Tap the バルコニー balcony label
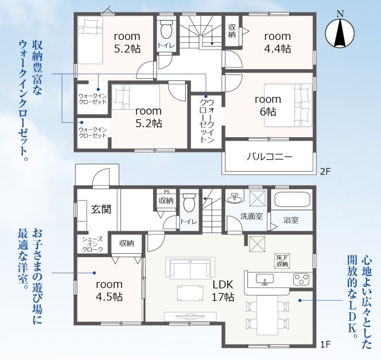(269, 157)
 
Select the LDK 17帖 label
(223, 290)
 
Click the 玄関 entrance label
(101, 209)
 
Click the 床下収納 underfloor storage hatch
(282, 261)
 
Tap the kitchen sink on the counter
(265, 280)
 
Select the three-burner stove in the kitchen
(301, 279)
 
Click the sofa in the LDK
(190, 268)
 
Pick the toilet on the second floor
(167, 29)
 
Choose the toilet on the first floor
(189, 203)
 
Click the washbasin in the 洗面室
(235, 197)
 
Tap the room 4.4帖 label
(277, 43)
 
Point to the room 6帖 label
(268, 105)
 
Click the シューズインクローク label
(92, 244)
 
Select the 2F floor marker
(325, 172)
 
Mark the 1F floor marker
(325, 344)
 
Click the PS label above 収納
(167, 192)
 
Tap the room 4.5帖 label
(109, 290)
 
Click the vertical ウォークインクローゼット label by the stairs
(207, 121)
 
